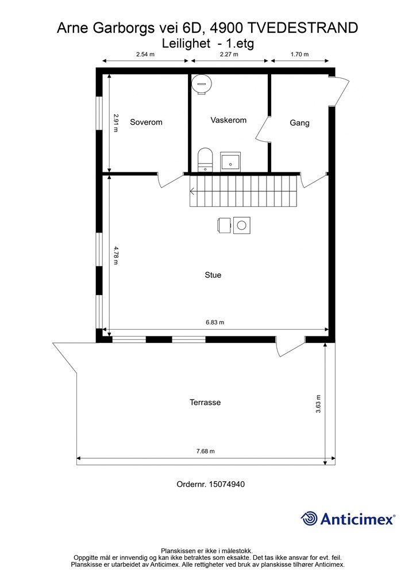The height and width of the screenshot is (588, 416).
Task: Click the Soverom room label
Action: coord(146,122)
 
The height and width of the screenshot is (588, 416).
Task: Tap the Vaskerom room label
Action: coord(228,120)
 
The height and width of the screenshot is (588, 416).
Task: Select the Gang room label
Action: coord(299,123)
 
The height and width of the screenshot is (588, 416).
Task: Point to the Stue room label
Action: coord(213,275)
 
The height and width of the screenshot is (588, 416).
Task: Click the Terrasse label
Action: coord(205,403)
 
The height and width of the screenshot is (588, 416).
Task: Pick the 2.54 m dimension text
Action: coord(147,55)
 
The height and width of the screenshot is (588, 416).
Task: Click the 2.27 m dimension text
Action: coord(228,55)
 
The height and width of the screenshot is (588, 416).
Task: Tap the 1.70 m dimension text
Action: coord(299,55)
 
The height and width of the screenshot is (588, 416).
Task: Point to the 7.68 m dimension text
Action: coord(205,451)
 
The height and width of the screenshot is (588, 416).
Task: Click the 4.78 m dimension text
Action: coord(115,255)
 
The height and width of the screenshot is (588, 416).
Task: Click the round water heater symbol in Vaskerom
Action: coord(202,84)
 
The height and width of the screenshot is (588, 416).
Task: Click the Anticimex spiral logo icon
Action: coord(310,519)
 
